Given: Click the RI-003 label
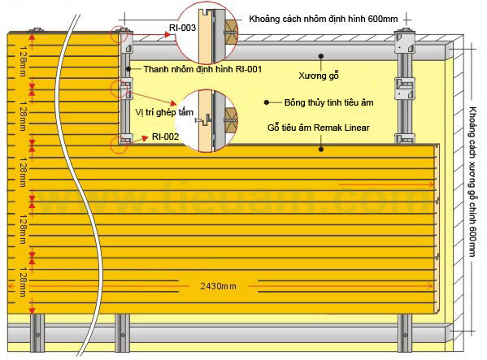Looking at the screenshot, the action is coord(182,28).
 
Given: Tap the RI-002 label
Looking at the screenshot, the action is coord(165,137).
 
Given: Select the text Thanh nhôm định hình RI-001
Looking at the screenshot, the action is coord(202,69).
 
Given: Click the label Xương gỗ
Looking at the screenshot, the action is coord(319,76).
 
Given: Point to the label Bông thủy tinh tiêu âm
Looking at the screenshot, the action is coord(328,102).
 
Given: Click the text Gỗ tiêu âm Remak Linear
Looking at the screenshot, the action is coord(319,128).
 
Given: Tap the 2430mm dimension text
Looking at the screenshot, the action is coord(218,286).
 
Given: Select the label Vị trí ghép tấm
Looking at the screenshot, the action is coord(164,112).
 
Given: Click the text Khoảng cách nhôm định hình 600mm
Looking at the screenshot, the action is coord(324,19).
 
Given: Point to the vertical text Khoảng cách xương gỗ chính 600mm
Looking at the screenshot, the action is coord(472,182).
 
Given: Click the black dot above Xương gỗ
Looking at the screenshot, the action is coord(321,56).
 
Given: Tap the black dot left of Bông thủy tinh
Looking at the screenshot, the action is coord(266,102).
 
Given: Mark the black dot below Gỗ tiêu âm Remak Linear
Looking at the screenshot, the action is coord(321,150).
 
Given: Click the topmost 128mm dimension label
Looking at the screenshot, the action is coord(24,61).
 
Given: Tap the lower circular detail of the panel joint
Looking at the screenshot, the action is coord(206,121).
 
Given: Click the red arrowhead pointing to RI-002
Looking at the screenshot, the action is coord(145,138).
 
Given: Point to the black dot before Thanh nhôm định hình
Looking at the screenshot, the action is coord(128,69).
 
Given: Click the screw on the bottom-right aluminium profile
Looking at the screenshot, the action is coord(406,335).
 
